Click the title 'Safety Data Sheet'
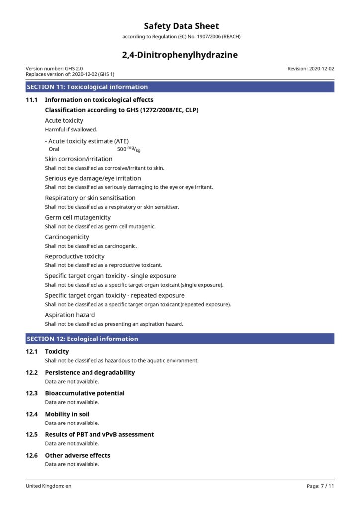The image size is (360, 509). (181, 26)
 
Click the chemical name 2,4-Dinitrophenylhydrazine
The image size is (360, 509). (180, 55)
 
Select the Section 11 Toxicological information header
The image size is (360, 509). (88, 87)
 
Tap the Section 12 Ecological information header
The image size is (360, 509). (83, 339)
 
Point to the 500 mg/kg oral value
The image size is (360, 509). (129, 149)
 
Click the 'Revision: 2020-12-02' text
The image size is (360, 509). (311, 69)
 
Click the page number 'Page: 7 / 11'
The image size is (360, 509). (320, 486)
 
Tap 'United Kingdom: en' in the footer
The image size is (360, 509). (49, 486)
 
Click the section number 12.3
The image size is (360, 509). (32, 393)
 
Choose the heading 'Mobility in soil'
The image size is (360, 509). (67, 414)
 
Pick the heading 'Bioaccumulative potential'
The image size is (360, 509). (85, 393)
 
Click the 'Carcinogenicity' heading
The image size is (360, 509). (67, 237)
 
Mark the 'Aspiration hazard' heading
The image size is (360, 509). (70, 315)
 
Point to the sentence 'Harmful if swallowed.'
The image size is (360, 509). (71, 130)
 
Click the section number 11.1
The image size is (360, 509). (32, 100)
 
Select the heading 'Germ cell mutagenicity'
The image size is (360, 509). (78, 218)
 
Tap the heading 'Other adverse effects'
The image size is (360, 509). (78, 455)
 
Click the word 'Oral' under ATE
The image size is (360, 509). (54, 149)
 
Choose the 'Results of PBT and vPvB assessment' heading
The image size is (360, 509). (99, 434)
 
